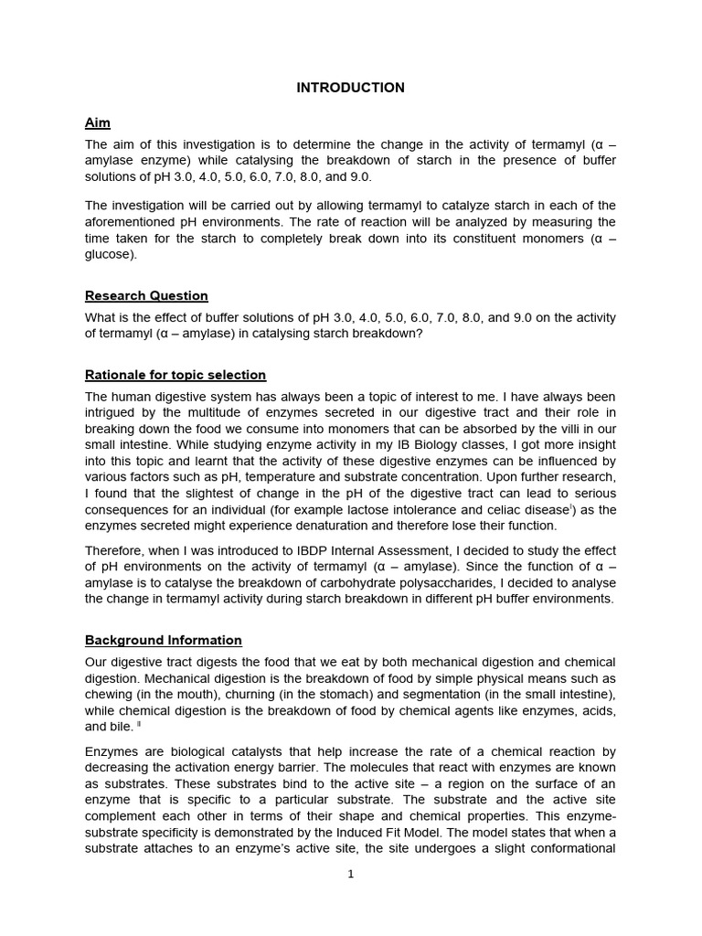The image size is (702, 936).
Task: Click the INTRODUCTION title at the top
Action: click(x=350, y=88)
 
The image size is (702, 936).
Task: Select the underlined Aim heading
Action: click(x=98, y=122)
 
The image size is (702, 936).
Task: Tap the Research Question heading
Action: click(x=146, y=295)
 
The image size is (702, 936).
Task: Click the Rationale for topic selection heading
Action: click(x=175, y=375)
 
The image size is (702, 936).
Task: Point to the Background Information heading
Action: click(x=164, y=640)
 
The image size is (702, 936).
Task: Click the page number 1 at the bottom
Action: click(x=350, y=874)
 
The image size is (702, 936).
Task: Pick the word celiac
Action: click(x=519, y=509)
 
